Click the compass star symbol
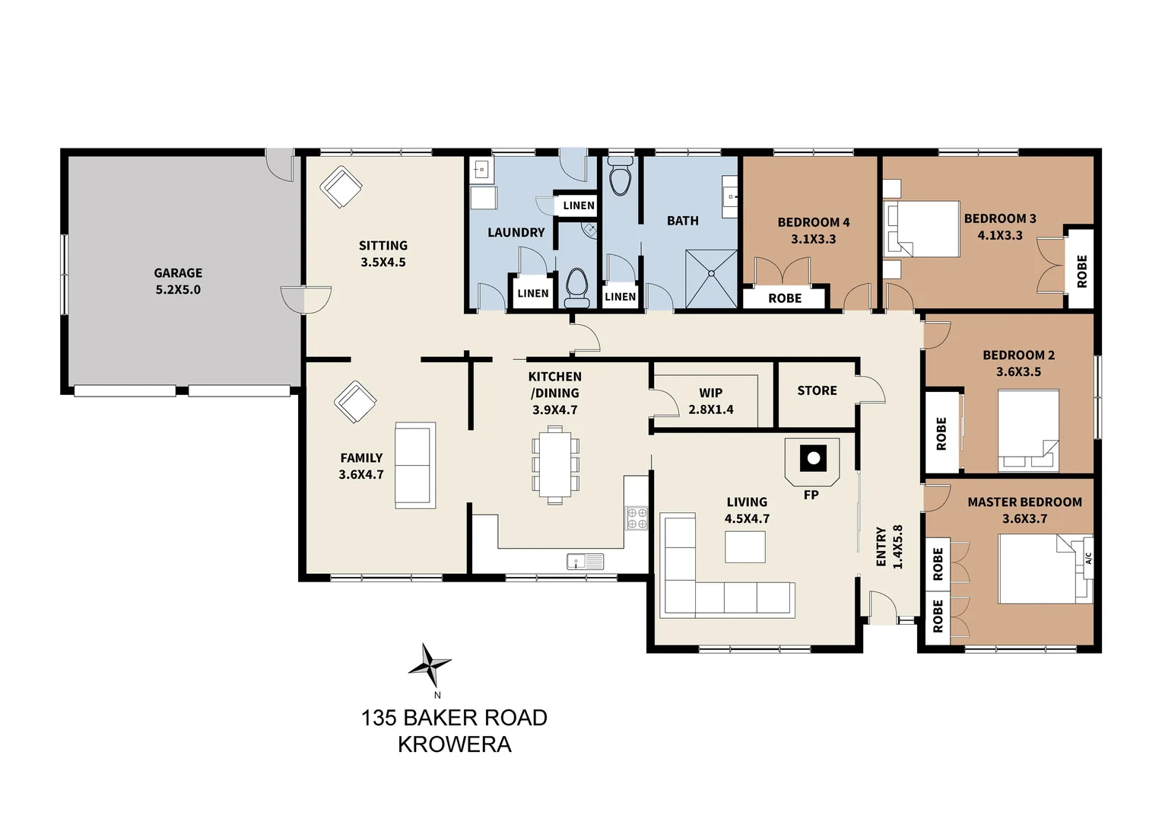click(430, 666)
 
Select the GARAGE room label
click(178, 272)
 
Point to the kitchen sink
click(585, 562)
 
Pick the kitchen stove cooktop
click(637, 518)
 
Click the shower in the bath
click(712, 279)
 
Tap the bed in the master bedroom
click(1039, 569)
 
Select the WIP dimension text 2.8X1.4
click(711, 409)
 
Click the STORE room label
click(817, 390)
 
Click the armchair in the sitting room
click(341, 186)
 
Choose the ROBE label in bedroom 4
click(785, 298)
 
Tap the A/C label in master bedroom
click(1088, 558)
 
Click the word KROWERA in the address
click(454, 744)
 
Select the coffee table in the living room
click(745, 546)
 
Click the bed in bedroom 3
click(923, 228)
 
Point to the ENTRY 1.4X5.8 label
click(889, 546)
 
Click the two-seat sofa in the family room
click(415, 465)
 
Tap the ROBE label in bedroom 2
click(941, 433)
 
